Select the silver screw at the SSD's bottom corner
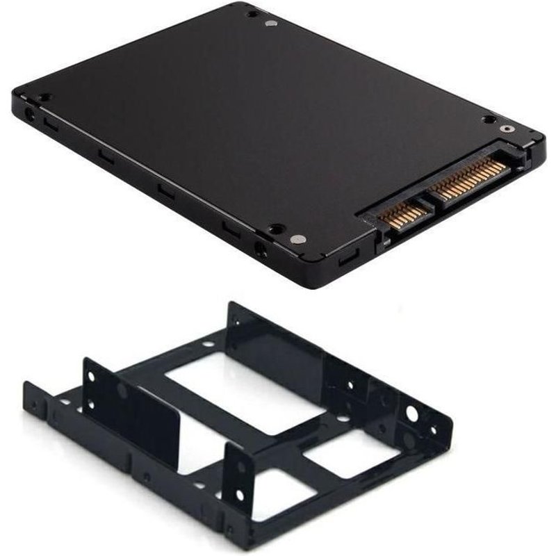(298, 238)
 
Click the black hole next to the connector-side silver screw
(489, 119)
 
